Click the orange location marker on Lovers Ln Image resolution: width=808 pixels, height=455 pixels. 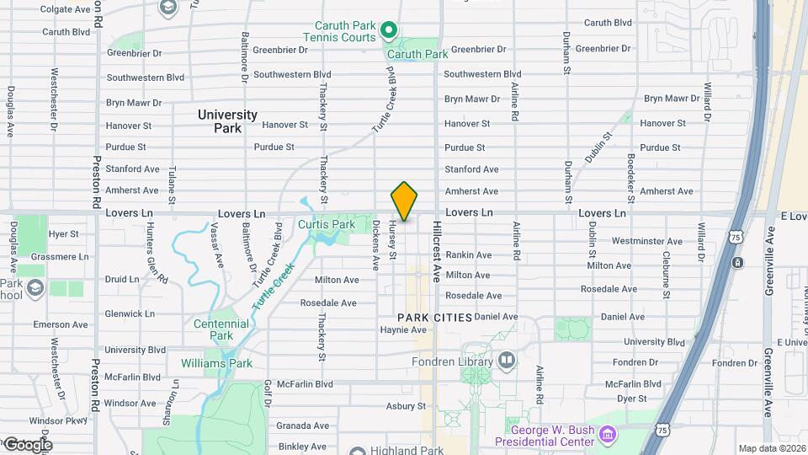pyautogui.click(x=405, y=201)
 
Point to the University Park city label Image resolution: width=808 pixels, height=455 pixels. pyautogui.click(x=227, y=121)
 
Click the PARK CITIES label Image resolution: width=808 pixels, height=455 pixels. pyautogui.click(x=434, y=317)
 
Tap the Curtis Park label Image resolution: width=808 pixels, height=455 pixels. pyautogui.click(x=327, y=225)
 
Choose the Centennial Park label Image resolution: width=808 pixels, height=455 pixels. pyautogui.click(x=221, y=329)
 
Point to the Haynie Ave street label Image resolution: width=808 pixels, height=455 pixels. pyautogui.click(x=403, y=330)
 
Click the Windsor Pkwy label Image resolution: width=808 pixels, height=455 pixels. pyautogui.click(x=58, y=420)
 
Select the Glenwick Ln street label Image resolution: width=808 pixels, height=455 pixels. pyautogui.click(x=130, y=313)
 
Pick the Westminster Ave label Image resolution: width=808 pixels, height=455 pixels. pyautogui.click(x=646, y=241)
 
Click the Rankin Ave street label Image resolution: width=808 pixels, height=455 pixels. pyautogui.click(x=468, y=254)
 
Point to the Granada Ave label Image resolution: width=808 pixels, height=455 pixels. pyautogui.click(x=303, y=426)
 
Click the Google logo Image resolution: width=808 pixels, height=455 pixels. pyautogui.click(x=28, y=444)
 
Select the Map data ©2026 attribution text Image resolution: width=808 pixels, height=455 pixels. pyautogui.click(x=772, y=448)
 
